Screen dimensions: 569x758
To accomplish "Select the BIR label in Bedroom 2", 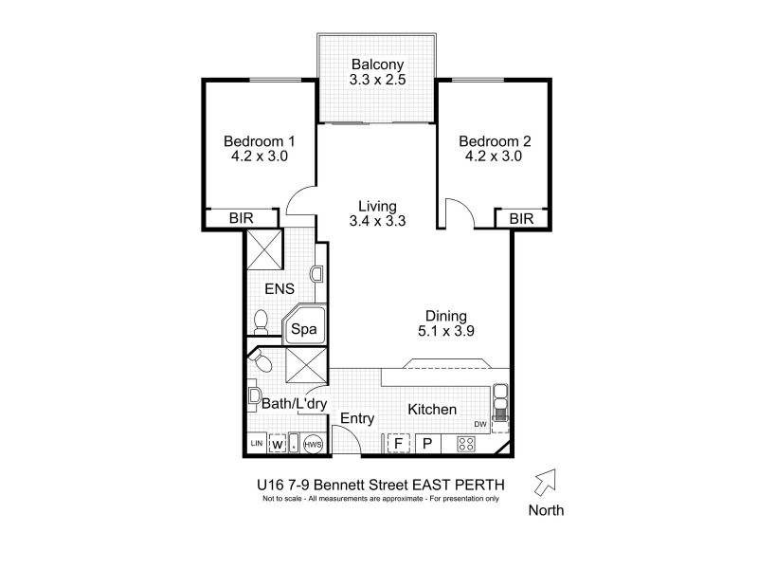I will (x=521, y=219).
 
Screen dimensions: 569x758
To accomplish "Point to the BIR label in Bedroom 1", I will (x=242, y=219).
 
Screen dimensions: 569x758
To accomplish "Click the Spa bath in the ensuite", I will (x=302, y=330).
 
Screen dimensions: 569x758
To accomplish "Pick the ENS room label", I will (x=280, y=289).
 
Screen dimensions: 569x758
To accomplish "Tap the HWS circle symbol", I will (x=314, y=443).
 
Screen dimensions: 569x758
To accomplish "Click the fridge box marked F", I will (x=399, y=443).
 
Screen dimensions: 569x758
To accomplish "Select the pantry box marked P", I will (x=426, y=443).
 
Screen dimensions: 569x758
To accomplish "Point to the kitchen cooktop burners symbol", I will (x=465, y=443).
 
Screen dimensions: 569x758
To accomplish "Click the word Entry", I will (x=357, y=418).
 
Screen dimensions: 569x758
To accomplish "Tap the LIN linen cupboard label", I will (x=256, y=443).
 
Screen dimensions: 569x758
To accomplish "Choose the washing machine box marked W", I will (x=279, y=443).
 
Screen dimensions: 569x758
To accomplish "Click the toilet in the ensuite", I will (x=262, y=322).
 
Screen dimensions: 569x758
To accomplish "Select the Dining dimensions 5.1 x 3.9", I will (x=446, y=332).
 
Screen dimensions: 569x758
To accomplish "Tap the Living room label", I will (x=377, y=206).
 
